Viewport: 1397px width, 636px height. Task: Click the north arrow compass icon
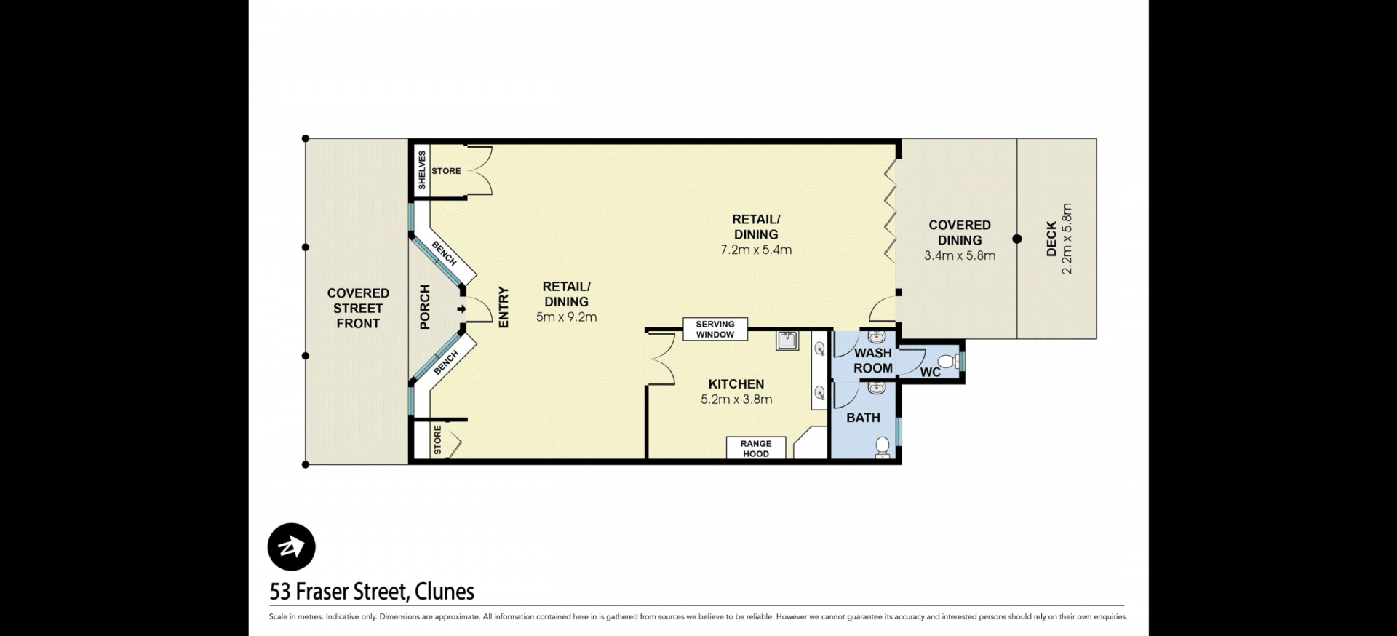pos(292,546)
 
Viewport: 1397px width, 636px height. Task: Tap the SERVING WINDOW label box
pos(715,330)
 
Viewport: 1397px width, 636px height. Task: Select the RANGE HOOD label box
pos(756,448)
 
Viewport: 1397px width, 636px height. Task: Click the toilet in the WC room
pos(947,361)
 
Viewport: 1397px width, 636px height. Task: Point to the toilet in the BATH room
pos(883,446)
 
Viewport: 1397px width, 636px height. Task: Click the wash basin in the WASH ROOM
pos(877,337)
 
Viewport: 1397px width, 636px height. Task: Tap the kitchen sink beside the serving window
pos(787,341)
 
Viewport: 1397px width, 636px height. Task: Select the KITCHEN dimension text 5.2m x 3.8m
pos(736,400)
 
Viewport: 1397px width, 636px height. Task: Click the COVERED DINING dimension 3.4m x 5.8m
pos(960,255)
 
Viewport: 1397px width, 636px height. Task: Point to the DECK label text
pos(1051,239)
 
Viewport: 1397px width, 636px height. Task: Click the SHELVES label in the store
pos(422,170)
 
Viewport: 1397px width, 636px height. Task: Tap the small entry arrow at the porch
pos(461,309)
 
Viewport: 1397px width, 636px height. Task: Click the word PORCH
pos(426,307)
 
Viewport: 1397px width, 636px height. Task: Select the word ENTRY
pos(504,307)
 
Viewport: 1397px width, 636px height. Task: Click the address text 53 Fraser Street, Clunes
pos(372,592)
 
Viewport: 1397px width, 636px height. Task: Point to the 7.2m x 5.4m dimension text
pos(756,250)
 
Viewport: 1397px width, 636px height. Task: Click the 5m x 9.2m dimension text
pos(567,317)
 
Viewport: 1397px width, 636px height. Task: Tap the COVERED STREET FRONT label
pos(358,308)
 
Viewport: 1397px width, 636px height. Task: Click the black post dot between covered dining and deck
pos(1017,239)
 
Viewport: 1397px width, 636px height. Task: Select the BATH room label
pos(863,418)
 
